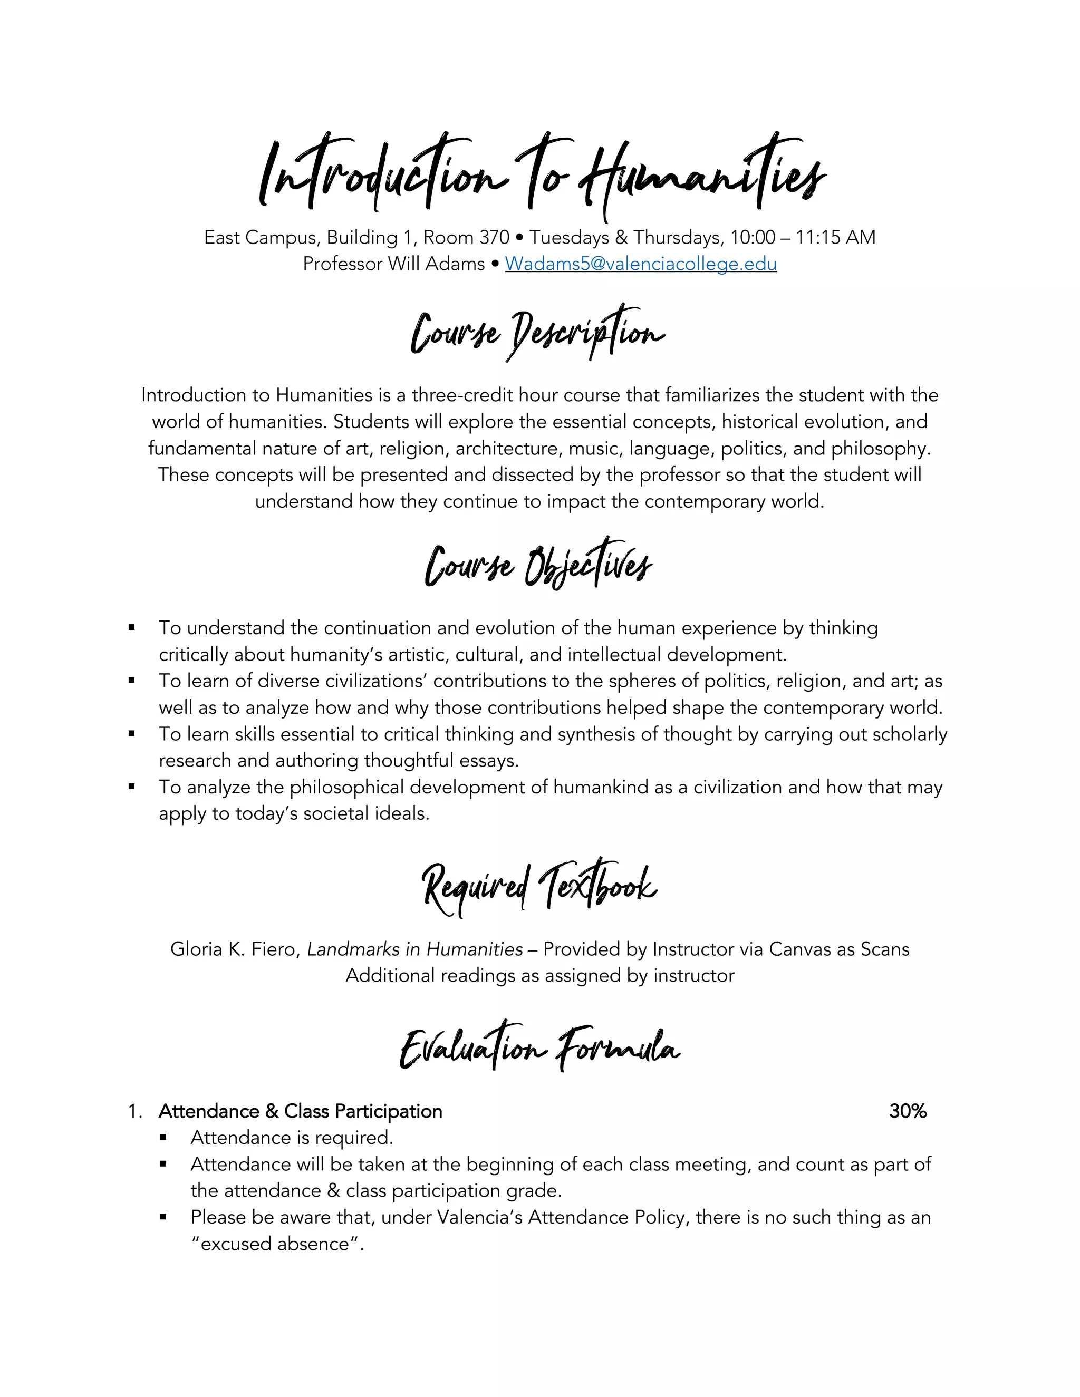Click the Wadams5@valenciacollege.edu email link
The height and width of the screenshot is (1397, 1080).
[640, 264]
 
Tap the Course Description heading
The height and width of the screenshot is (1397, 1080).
[537, 333]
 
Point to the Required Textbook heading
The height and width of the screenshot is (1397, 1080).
[539, 887]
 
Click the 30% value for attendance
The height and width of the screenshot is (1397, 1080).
[907, 1111]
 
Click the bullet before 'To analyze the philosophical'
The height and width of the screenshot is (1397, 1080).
[132, 787]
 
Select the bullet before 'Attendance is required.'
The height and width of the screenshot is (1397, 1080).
[164, 1137]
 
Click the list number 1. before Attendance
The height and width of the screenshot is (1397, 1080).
[134, 1111]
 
